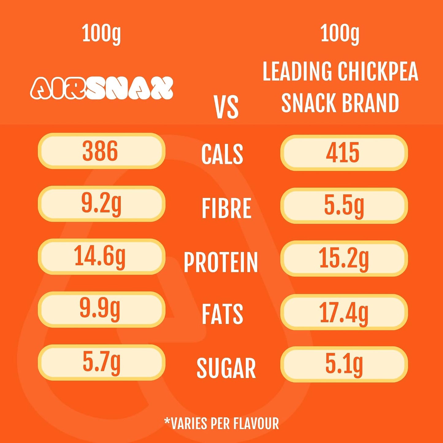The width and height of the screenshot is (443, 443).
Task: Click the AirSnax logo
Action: click(x=101, y=88)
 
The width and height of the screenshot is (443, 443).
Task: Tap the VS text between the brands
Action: click(x=226, y=107)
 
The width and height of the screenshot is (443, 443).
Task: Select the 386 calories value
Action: click(x=100, y=151)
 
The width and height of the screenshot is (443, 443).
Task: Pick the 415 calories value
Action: click(x=342, y=152)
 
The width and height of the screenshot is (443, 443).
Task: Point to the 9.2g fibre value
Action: click(x=101, y=204)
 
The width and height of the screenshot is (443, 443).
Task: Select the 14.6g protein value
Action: click(x=100, y=257)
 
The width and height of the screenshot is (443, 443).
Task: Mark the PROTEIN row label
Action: click(x=221, y=262)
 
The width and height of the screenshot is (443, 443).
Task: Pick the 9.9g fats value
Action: click(x=100, y=309)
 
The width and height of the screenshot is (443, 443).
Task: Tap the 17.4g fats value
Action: click(x=344, y=311)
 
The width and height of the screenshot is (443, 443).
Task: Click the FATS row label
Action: click(x=222, y=314)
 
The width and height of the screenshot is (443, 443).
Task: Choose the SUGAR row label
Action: click(x=226, y=368)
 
